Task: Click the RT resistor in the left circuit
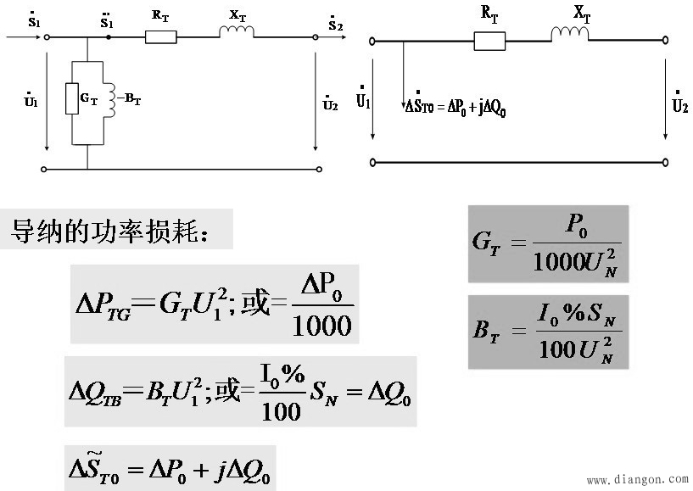pyautogui.click(x=161, y=37)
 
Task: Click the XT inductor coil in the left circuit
pyautogui.click(x=237, y=31)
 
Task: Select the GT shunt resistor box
pyautogui.click(x=72, y=98)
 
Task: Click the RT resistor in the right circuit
pyautogui.click(x=489, y=41)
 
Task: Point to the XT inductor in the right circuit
pyautogui.click(x=570, y=34)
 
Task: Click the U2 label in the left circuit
pyautogui.click(x=330, y=103)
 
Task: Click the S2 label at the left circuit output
pyautogui.click(x=335, y=25)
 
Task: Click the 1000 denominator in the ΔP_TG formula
pyautogui.click(x=321, y=326)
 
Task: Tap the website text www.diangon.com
pyautogui.click(x=638, y=479)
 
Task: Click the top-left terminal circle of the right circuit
pyautogui.click(x=372, y=42)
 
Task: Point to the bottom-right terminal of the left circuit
pyautogui.click(x=319, y=169)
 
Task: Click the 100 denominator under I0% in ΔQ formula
pyautogui.click(x=281, y=411)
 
